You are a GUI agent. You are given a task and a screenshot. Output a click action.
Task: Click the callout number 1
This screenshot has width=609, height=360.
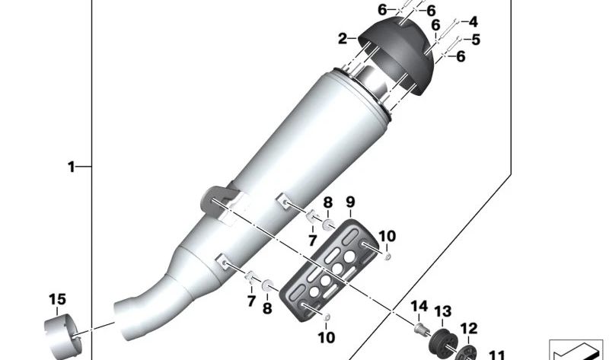tap(71, 166)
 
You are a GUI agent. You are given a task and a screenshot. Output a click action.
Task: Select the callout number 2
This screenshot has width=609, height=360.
tap(343, 37)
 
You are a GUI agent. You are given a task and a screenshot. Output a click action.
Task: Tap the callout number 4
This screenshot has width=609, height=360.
tap(473, 22)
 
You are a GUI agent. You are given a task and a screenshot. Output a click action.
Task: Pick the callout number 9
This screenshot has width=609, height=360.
tap(351, 202)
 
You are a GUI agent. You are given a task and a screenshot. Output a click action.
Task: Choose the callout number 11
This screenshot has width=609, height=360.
tap(496, 355)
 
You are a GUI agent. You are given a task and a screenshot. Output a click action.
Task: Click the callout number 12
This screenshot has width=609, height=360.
tap(469, 329)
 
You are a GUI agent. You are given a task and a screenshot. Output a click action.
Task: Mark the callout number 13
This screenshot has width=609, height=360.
tap(443, 311)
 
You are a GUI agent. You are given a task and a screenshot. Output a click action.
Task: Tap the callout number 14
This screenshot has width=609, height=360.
tap(419, 307)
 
